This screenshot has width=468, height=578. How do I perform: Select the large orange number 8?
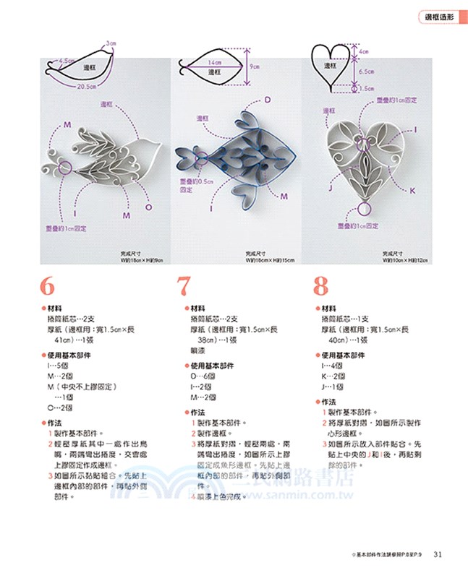(320, 287)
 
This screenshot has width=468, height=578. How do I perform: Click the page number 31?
(438, 554)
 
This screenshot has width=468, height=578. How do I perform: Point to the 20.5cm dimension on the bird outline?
(87, 86)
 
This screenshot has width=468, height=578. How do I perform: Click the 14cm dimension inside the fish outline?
(215, 63)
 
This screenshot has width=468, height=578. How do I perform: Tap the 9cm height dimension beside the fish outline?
(255, 66)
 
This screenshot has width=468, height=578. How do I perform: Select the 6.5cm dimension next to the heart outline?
(366, 72)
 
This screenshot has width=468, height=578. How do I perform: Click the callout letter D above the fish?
(267, 99)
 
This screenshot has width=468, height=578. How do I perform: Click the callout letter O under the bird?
(148, 207)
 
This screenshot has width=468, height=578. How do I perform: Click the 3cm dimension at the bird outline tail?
(111, 43)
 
